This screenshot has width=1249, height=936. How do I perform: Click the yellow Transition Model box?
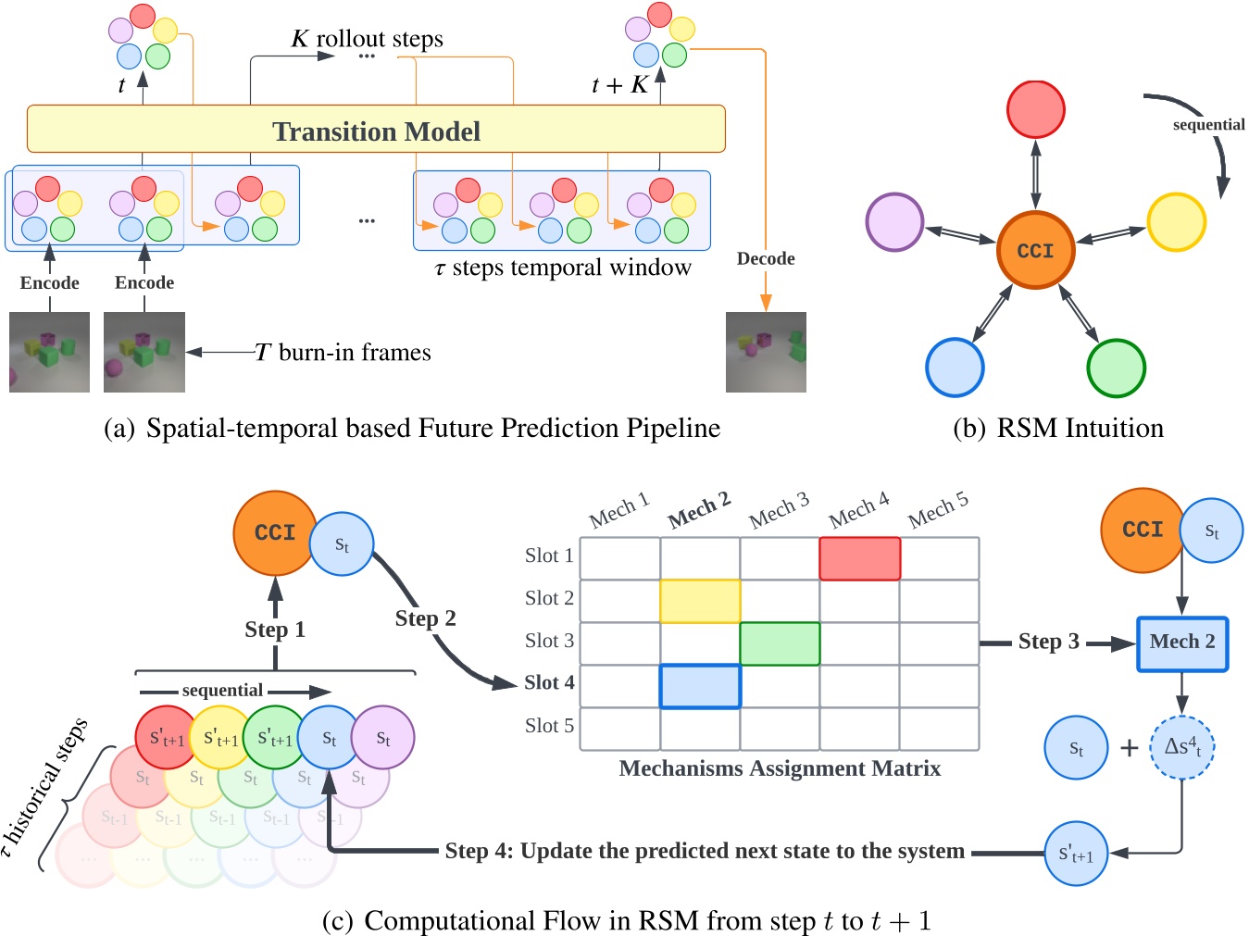tap(376, 130)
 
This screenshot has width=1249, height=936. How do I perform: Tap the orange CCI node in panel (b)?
tap(1035, 250)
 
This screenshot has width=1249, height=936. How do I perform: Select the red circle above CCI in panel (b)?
tap(1035, 109)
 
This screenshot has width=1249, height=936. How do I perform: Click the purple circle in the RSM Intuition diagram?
tap(894, 222)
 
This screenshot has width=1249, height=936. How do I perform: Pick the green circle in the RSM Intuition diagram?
tap(1116, 368)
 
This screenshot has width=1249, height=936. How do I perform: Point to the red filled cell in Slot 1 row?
tap(859, 559)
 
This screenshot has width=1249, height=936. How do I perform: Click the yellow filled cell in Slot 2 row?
tap(700, 601)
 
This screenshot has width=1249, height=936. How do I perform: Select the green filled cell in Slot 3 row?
tap(780, 643)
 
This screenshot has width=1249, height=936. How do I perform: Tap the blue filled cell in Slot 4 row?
tap(700, 686)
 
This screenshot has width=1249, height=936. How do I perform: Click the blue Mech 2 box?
tap(1181, 643)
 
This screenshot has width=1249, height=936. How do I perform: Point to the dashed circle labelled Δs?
tap(1181, 747)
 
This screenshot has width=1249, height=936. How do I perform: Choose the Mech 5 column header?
tap(938, 510)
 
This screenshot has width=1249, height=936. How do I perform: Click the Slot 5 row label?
tap(549, 726)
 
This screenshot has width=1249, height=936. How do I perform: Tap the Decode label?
tap(766, 258)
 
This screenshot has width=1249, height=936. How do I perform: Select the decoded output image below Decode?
tap(766, 352)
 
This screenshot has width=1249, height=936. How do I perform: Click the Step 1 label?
tap(275, 630)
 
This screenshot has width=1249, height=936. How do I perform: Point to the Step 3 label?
tap(1048, 642)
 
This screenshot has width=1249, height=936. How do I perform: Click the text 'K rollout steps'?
tap(368, 39)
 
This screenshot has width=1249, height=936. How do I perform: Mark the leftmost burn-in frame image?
tap(50, 352)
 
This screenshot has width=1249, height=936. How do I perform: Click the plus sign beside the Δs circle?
tap(1129, 747)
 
